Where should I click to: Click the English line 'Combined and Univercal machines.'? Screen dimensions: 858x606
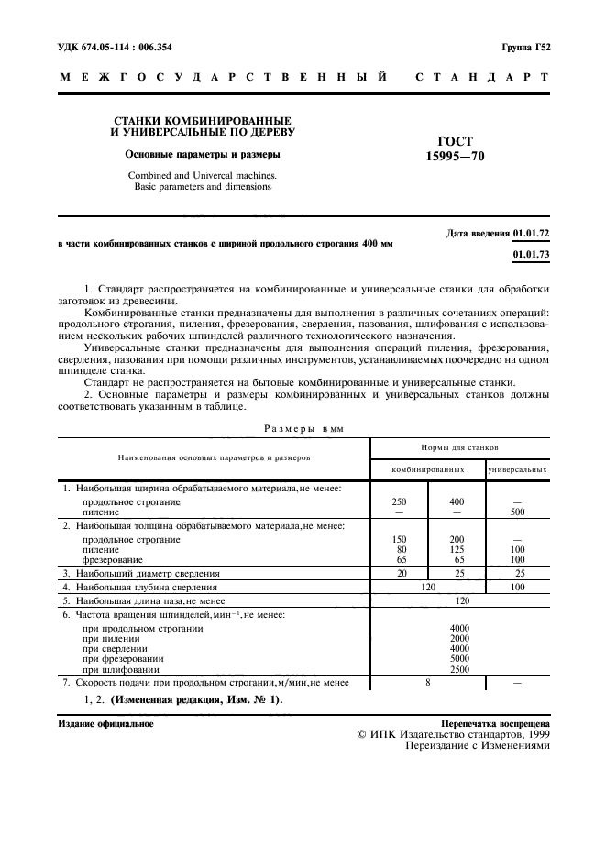(202, 174)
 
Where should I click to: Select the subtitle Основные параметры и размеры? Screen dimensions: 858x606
(203, 154)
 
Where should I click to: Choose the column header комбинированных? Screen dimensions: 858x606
(427, 469)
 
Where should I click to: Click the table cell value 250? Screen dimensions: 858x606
(399, 502)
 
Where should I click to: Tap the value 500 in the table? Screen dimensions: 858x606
(517, 512)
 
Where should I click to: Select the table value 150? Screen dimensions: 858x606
(399, 539)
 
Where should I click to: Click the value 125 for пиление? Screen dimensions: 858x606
(457, 549)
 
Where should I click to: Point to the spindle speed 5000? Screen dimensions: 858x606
(458, 658)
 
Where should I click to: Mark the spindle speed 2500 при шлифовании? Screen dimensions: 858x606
(458, 669)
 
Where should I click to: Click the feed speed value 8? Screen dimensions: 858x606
(427, 683)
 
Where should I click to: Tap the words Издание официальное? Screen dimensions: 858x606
(105, 723)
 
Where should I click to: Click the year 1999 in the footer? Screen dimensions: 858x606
(534, 734)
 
